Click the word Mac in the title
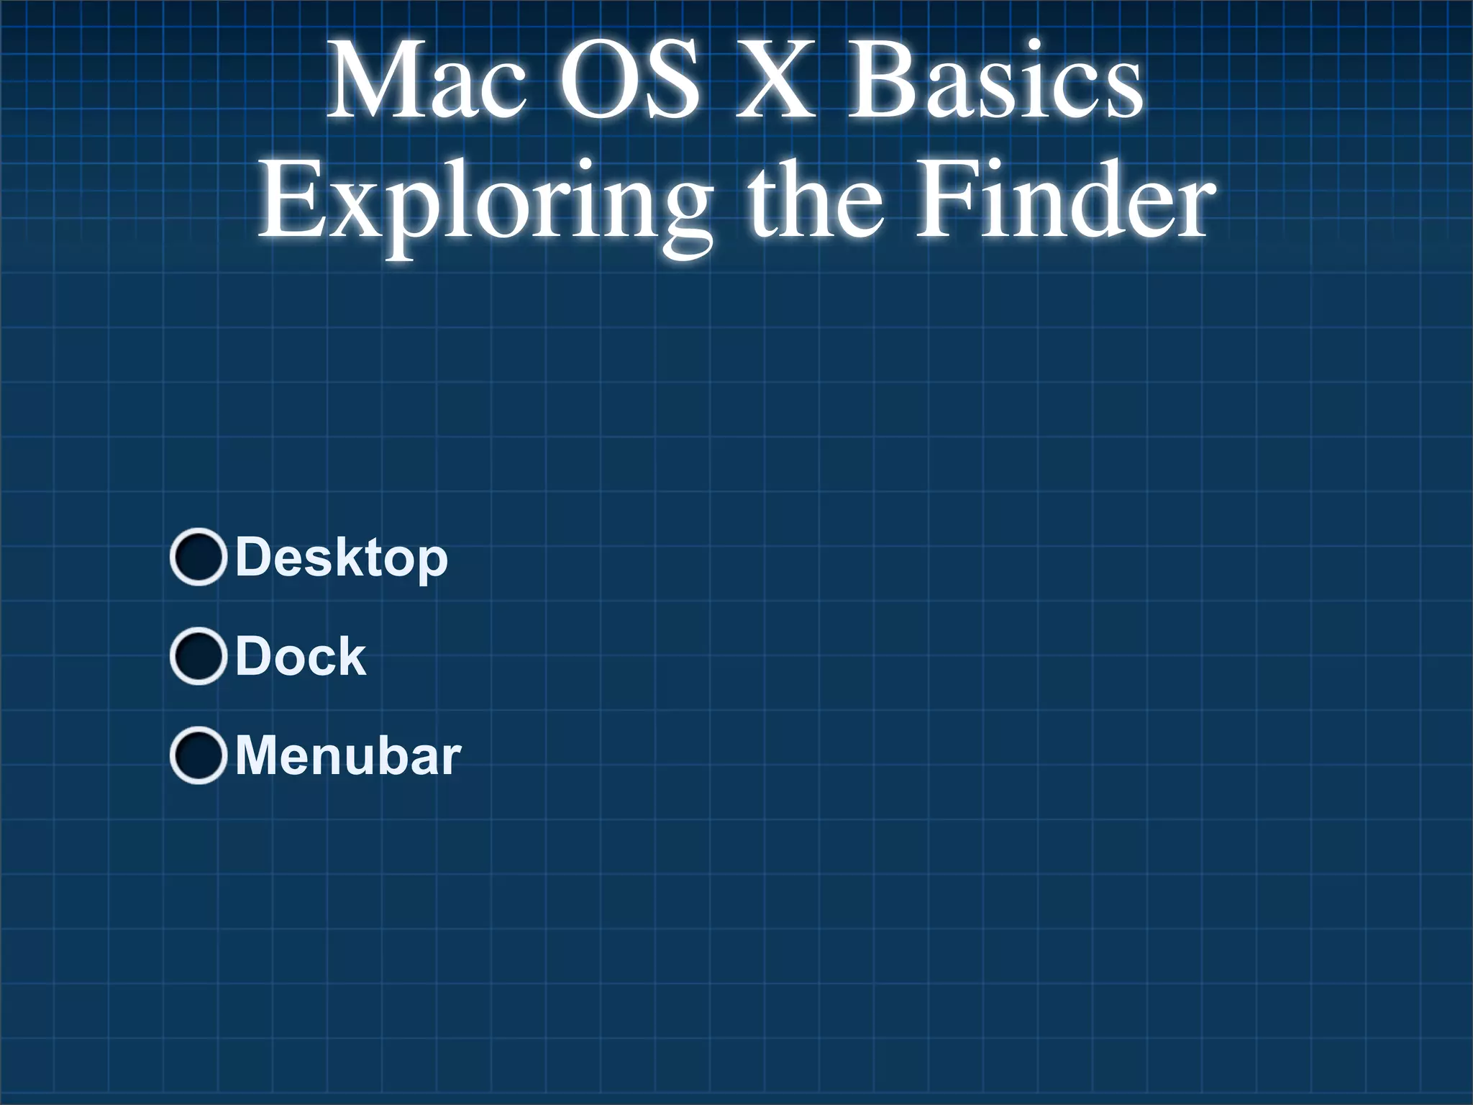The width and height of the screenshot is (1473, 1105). pos(426,81)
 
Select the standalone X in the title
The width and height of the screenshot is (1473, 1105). pos(776,81)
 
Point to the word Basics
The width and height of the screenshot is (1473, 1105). pos(995,81)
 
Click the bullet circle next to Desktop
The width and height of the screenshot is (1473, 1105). pos(198,557)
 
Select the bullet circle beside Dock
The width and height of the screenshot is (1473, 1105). pos(198,656)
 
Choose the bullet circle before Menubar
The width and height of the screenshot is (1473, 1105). pos(198,755)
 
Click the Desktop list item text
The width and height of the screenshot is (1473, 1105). pos(342,558)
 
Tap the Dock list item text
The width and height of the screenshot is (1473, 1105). pos(301,656)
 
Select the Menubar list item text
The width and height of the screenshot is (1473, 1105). pos(348,755)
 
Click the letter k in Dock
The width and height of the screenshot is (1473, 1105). pos(351,656)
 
